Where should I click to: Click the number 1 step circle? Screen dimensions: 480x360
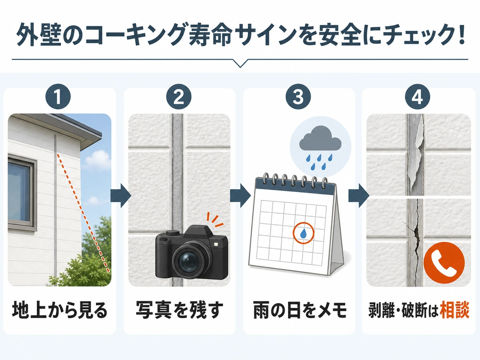click(58, 97)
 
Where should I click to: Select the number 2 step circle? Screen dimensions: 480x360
click(179, 97)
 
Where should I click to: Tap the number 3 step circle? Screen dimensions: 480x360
click(298, 97)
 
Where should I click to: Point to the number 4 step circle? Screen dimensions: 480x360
click(418, 97)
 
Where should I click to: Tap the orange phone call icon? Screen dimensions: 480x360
click(444, 262)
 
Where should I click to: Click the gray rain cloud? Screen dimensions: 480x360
click(320, 138)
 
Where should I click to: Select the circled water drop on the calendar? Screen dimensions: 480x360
click(303, 233)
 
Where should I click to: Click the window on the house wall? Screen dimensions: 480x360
click(21, 192)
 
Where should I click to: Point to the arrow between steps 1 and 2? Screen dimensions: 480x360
click(121, 195)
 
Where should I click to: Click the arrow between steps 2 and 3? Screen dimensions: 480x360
click(240, 195)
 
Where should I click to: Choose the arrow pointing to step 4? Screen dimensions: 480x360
click(359, 195)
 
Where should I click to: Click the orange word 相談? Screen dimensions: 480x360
click(454, 310)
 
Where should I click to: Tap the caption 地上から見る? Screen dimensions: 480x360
click(60, 310)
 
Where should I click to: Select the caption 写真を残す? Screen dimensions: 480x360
click(179, 310)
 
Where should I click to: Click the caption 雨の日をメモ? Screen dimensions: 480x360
click(300, 310)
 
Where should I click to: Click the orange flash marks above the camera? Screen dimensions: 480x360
click(215, 220)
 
